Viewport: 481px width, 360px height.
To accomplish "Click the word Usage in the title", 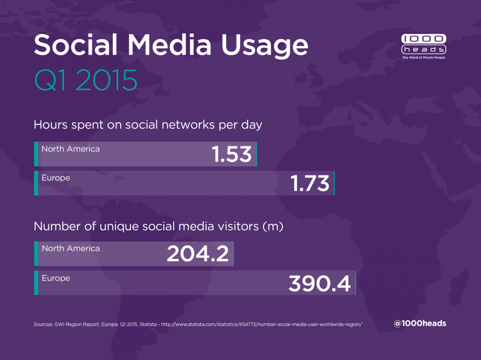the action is [264, 46].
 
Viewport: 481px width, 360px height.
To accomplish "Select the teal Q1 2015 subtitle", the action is [85, 80].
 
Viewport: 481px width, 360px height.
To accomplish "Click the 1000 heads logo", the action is [424, 47].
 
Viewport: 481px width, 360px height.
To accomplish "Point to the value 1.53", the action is [232, 154].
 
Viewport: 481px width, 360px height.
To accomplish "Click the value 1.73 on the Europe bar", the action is [310, 183].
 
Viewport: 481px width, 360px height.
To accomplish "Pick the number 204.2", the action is [198, 253].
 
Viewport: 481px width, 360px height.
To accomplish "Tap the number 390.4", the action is [319, 283].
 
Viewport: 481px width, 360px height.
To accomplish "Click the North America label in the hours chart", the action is [70, 149].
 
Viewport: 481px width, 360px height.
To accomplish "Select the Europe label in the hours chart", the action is [56, 178].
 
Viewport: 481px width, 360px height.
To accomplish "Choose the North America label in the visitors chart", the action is [70, 248].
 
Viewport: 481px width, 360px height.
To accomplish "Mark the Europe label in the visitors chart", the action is [56, 278].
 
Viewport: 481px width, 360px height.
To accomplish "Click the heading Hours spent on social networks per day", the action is [148, 125].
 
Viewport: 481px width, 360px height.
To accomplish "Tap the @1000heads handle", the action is [420, 323].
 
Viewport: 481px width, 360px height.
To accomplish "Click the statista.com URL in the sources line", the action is [262, 324].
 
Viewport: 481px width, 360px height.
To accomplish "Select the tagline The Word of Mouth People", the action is [424, 57].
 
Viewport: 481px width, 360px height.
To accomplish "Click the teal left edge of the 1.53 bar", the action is [36, 154].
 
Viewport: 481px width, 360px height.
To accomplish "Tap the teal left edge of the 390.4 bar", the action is [36, 282].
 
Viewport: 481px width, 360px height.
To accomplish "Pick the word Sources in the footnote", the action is [43, 324].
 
